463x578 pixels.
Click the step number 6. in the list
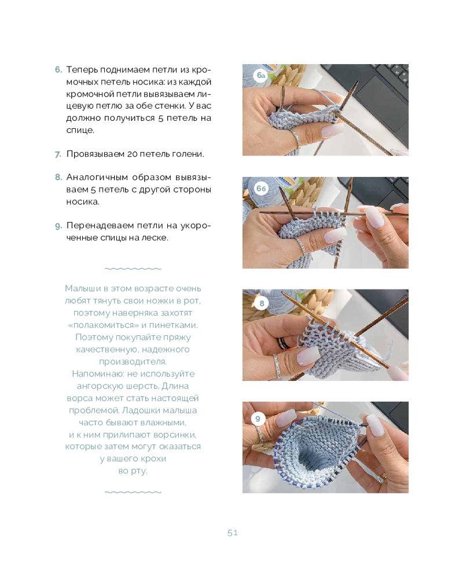[x=58, y=70]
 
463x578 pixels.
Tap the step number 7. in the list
[x=58, y=154]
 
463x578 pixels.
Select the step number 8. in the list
[x=58, y=177]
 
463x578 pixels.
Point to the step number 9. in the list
[x=58, y=225]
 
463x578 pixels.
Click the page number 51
[x=233, y=533]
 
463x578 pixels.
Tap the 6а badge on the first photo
[x=261, y=75]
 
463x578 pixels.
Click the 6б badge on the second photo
[x=261, y=188]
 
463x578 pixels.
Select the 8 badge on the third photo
[x=262, y=303]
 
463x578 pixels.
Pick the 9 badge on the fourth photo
[x=258, y=418]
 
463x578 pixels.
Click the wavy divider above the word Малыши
[x=133, y=269]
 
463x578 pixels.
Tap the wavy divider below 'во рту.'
[x=133, y=492]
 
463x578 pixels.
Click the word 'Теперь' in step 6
[x=82, y=70]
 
